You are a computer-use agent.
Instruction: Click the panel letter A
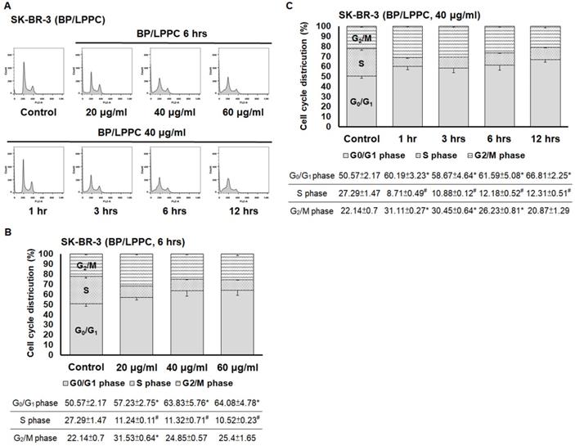[x=11, y=7]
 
